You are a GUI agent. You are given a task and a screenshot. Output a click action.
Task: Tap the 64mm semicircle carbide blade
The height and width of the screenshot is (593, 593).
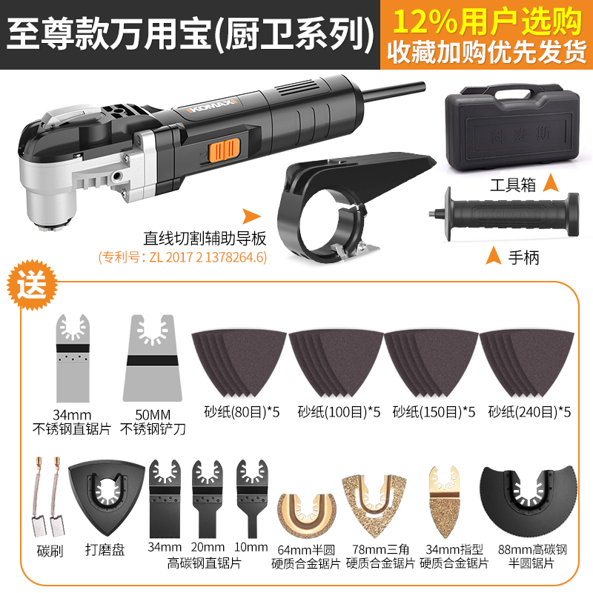(x=305, y=511)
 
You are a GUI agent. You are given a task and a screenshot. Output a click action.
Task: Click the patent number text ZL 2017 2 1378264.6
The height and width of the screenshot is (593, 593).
(x=182, y=258)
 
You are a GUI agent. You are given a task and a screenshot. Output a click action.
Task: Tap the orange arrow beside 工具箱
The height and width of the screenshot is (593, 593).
(x=549, y=182)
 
